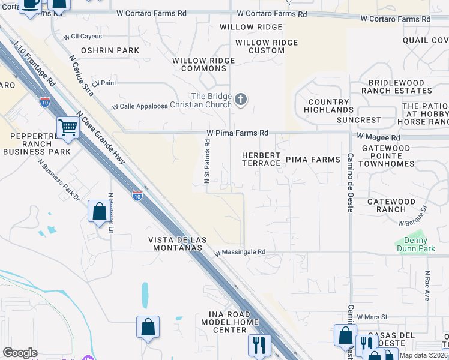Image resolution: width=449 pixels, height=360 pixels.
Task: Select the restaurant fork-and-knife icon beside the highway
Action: coord(259,344)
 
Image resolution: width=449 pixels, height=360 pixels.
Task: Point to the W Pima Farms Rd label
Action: coord(237,133)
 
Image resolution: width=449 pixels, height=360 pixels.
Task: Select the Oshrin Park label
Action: coord(110,50)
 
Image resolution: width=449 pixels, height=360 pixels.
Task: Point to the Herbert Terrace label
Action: coord(261,160)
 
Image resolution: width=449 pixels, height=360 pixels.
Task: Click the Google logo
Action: coord(20,353)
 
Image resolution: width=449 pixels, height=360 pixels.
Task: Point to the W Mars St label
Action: coord(372,316)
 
